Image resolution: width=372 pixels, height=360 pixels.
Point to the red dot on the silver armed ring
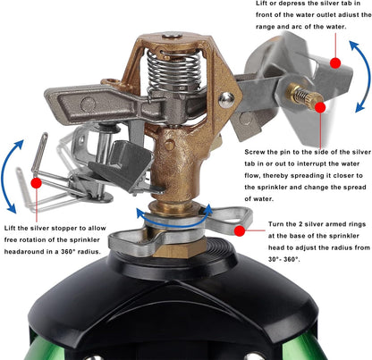pyautogui.click(x=239, y=230)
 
